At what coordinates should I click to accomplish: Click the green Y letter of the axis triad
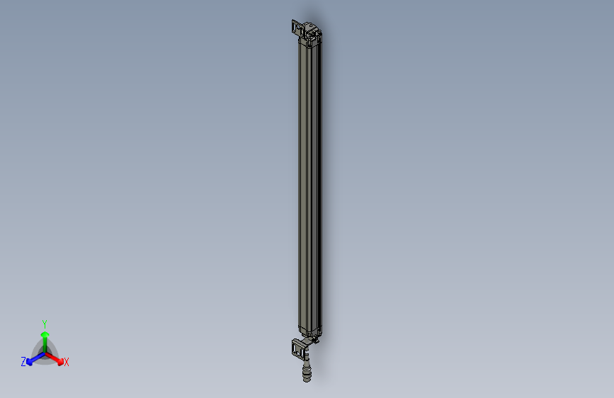pyautogui.click(x=44, y=322)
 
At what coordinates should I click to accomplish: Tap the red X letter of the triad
pyautogui.click(x=67, y=362)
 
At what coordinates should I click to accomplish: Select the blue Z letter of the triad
pyautogui.click(x=23, y=361)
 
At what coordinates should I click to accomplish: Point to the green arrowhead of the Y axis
pyautogui.click(x=45, y=333)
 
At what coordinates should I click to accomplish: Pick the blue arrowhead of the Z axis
pyautogui.click(x=30, y=361)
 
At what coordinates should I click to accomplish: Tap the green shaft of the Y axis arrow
pyautogui.click(x=45, y=343)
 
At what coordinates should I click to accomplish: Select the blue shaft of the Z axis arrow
pyautogui.click(x=38, y=357)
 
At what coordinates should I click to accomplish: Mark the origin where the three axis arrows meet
pyautogui.click(x=45, y=353)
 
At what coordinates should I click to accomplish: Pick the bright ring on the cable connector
pyautogui.click(x=307, y=368)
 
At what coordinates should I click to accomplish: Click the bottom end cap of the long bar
pyautogui.click(x=309, y=331)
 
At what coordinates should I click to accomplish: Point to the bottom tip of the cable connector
pyautogui.click(x=307, y=381)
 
